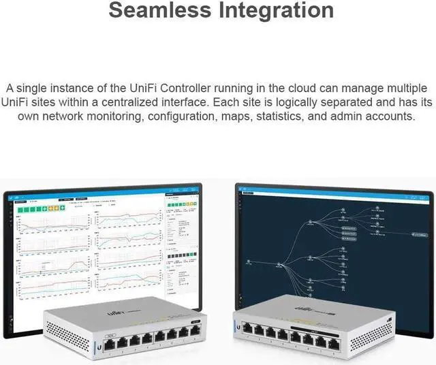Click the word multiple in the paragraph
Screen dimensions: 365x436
tap(407, 89)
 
